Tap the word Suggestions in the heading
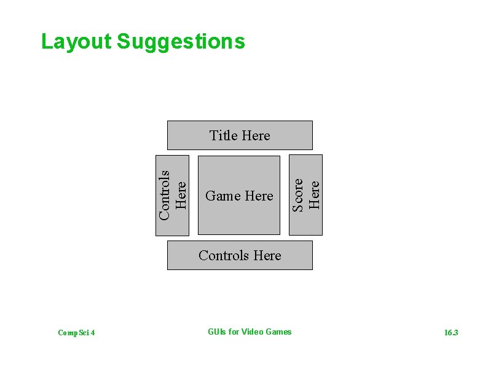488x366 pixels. pos(180,42)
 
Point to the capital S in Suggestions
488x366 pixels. pos(123,41)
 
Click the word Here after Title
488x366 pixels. pos(256,135)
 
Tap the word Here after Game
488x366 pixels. pos(259,196)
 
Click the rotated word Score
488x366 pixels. pos(298,195)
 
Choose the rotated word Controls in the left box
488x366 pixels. pos(164,194)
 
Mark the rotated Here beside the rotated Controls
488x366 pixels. pos(181,194)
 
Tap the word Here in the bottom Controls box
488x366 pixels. pos(267,255)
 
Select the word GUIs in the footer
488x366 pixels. pos(217,332)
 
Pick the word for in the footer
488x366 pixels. pos(234,332)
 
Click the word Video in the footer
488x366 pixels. pos(252,332)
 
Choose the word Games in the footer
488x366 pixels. pos(279,332)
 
